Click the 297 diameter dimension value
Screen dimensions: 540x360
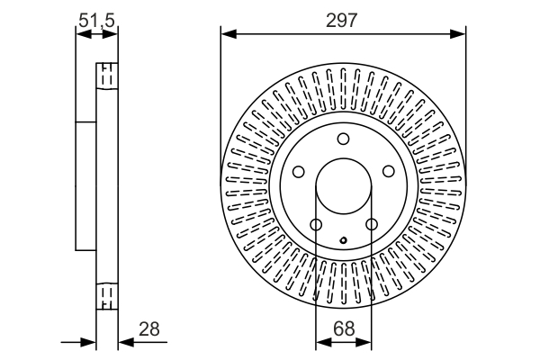(x=342, y=21)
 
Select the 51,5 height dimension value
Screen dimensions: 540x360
(x=96, y=21)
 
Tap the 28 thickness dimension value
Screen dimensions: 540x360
(x=149, y=329)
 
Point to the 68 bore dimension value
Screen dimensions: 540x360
(x=344, y=329)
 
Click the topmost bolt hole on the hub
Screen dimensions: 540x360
(x=343, y=139)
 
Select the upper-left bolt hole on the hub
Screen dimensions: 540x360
(x=298, y=171)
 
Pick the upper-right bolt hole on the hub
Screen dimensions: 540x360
(x=389, y=171)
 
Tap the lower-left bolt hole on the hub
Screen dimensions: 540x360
(x=316, y=225)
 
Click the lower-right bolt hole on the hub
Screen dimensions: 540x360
(x=372, y=225)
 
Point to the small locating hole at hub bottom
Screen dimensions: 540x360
(x=344, y=240)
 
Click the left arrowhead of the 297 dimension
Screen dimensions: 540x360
(x=229, y=34)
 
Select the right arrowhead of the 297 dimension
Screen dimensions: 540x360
(x=457, y=34)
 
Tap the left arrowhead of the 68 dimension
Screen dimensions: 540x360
(x=323, y=342)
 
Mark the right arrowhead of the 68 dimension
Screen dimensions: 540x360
(x=364, y=342)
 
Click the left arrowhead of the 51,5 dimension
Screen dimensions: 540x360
(x=84, y=34)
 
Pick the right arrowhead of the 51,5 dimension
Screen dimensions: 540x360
(x=110, y=34)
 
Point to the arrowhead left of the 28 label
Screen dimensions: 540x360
(x=126, y=342)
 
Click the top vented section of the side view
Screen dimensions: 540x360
(x=107, y=76)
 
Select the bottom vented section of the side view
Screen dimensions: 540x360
(x=107, y=296)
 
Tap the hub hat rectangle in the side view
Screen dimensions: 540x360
(x=85, y=186)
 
